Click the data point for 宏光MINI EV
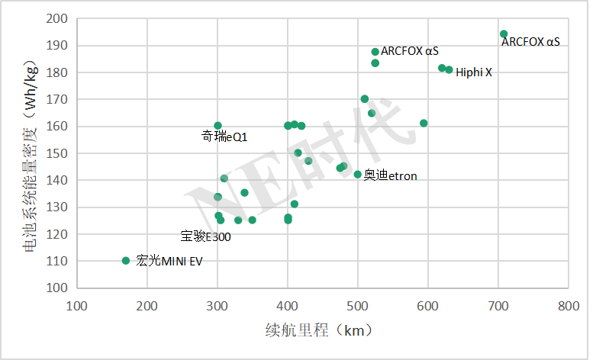point(126,261)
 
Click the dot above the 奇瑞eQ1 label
point(217,126)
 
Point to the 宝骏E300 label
point(205,236)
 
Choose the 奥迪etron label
point(391,176)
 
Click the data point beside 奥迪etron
point(357,175)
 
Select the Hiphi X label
point(474,72)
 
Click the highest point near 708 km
point(504,34)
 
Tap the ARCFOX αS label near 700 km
point(530,42)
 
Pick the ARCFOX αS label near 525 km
point(410,51)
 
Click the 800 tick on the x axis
point(568,307)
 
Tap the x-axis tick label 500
point(358,307)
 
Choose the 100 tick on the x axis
point(77,307)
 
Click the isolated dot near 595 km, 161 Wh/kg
point(424,123)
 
